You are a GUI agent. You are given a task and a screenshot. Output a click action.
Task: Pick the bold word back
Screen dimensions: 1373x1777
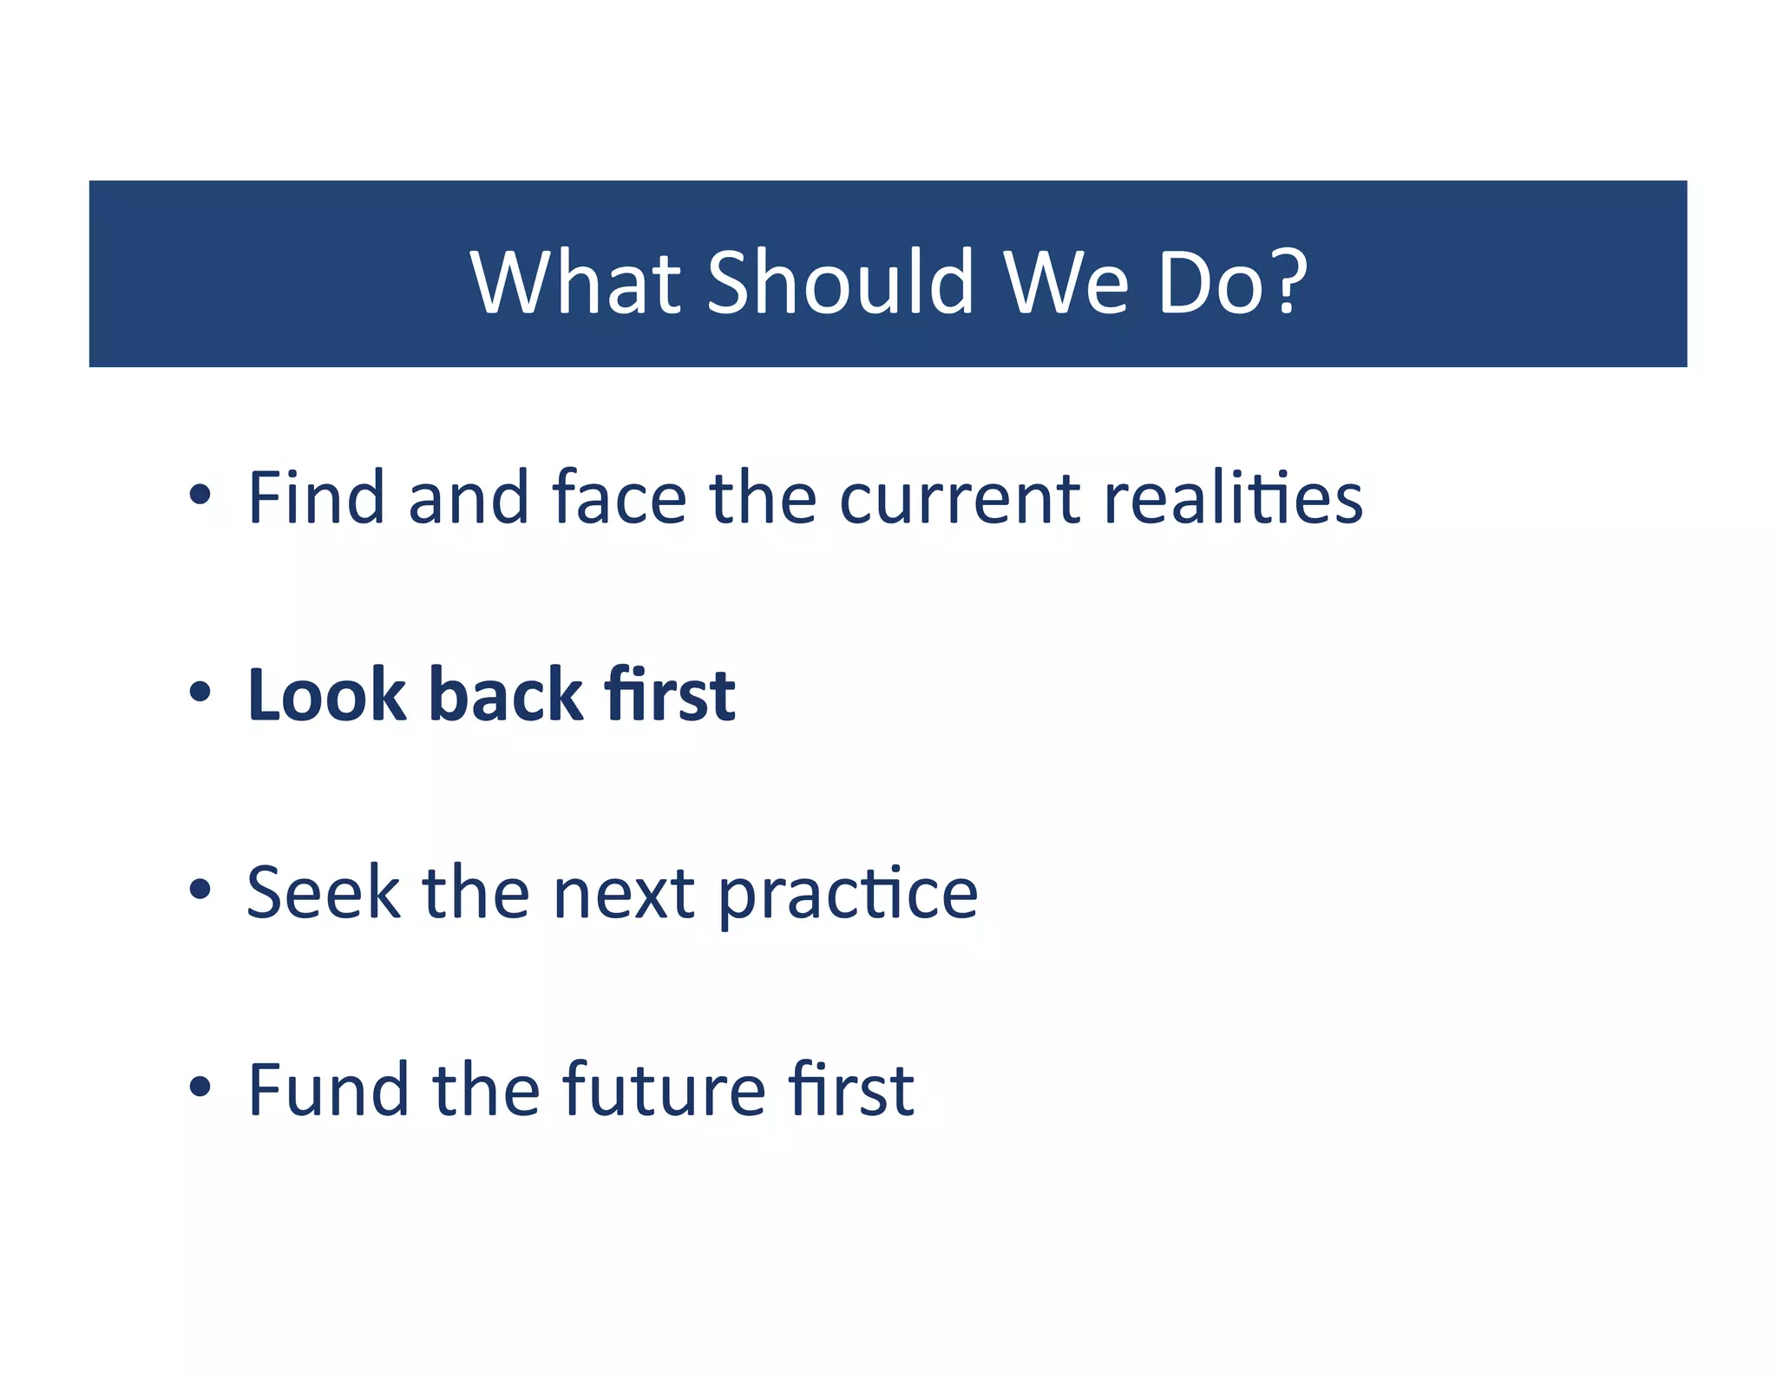tap(506, 694)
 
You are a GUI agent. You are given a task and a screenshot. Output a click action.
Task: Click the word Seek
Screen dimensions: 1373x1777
tap(323, 892)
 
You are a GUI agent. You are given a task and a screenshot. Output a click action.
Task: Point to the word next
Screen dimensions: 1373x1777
tap(623, 894)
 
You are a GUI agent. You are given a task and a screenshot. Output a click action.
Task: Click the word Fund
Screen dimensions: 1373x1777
tap(328, 1089)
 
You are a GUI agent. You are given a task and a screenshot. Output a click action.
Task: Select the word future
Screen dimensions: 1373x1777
tap(664, 1089)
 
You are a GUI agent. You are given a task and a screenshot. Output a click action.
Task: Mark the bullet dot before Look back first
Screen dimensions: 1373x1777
tap(200, 693)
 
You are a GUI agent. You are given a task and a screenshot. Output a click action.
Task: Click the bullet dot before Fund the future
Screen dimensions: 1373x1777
tap(200, 1087)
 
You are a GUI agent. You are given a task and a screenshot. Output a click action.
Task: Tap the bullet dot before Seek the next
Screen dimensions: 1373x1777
tap(200, 890)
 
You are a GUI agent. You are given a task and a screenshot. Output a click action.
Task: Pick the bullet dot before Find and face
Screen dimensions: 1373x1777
tap(200, 495)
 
